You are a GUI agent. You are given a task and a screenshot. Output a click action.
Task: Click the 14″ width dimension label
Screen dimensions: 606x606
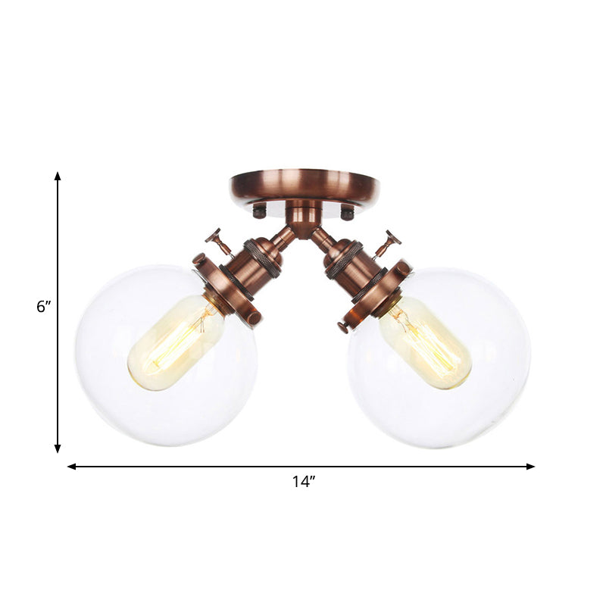(x=303, y=482)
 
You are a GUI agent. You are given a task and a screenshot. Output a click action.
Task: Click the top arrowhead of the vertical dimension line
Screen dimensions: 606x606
(x=57, y=176)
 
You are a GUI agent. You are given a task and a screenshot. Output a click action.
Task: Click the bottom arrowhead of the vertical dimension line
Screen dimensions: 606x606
(x=57, y=448)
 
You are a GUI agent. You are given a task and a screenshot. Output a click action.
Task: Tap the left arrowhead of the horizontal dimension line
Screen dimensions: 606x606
(x=71, y=467)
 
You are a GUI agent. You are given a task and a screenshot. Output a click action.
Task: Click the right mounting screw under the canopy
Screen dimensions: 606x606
(x=347, y=213)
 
